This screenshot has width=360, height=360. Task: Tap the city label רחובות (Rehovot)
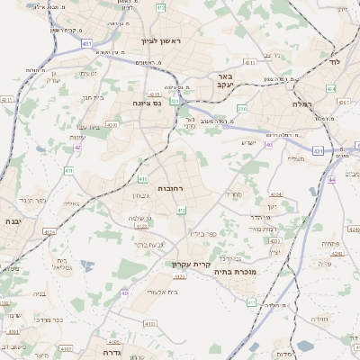click(170, 188)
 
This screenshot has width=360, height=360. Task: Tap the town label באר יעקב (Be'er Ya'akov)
click(224, 83)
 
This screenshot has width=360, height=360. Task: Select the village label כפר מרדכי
click(49, 319)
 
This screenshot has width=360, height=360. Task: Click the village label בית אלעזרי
click(185, 291)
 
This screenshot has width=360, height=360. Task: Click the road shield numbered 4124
click(49, 231)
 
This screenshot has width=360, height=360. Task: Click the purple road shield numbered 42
click(78, 146)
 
